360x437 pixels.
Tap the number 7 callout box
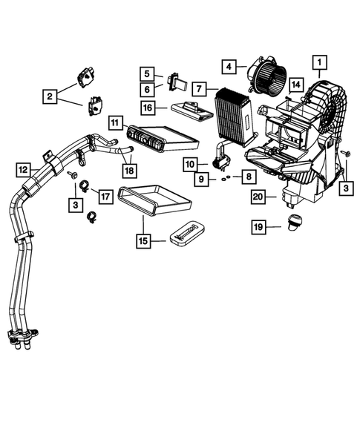coord(198,88)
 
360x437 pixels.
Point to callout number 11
coord(116,122)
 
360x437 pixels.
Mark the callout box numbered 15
coord(143,240)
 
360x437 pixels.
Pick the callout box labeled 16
coord(148,108)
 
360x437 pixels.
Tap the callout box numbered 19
coord(258,226)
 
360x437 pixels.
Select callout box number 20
coord(258,197)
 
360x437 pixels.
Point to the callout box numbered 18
coord(130,171)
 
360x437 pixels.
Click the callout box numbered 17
coord(105,197)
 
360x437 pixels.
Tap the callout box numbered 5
coord(148,73)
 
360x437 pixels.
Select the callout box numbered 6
coord(148,89)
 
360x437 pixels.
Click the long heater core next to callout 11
coord(159,137)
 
